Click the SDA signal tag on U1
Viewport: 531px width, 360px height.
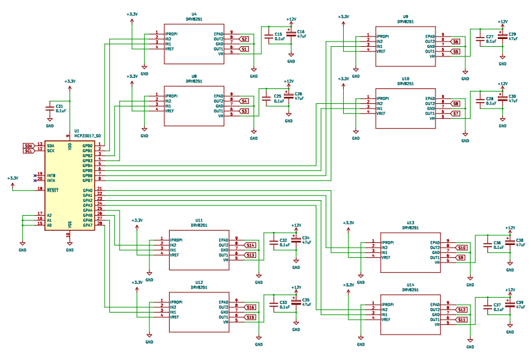tap(27, 146)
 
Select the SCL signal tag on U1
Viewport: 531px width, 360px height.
tap(27, 151)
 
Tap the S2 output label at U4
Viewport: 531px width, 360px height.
tap(244, 39)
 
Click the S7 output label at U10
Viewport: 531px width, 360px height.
tap(456, 114)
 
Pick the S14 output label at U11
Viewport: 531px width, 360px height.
tap(250, 245)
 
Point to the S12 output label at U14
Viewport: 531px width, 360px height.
tap(462, 309)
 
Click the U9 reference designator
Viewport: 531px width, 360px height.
tap(406, 16)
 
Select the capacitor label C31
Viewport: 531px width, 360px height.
tap(59, 106)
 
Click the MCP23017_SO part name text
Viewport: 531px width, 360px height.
tap(87, 135)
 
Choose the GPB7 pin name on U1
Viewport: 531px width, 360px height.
tap(87, 179)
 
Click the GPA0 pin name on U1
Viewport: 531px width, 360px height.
tap(87, 189)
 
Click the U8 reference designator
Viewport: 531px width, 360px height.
tap(194, 76)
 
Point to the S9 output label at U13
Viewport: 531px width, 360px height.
tap(461, 258)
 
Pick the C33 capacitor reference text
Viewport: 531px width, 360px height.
tap(283, 302)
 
